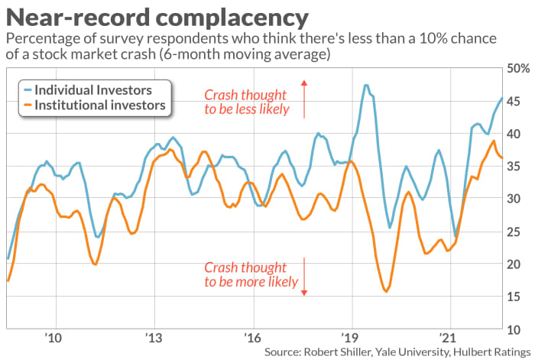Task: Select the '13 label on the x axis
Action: point(153,337)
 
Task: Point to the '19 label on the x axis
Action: point(349,337)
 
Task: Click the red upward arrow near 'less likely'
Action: point(304,99)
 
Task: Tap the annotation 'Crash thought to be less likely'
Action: point(247,102)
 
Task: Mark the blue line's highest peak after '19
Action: point(367,85)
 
